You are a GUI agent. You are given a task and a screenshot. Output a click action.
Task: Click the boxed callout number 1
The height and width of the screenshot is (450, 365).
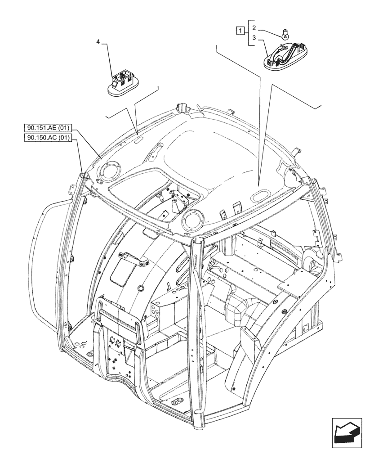241,31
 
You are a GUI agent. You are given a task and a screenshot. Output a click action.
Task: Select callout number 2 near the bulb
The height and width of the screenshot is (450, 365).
254,27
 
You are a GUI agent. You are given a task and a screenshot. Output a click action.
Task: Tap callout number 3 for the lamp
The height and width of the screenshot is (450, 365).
254,38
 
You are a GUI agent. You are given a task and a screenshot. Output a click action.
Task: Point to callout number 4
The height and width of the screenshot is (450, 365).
98,42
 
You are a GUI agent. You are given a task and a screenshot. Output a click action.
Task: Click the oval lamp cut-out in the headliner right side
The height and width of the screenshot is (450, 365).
260,195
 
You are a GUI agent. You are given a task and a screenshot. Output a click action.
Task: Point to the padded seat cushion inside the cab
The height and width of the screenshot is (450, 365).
243,310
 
